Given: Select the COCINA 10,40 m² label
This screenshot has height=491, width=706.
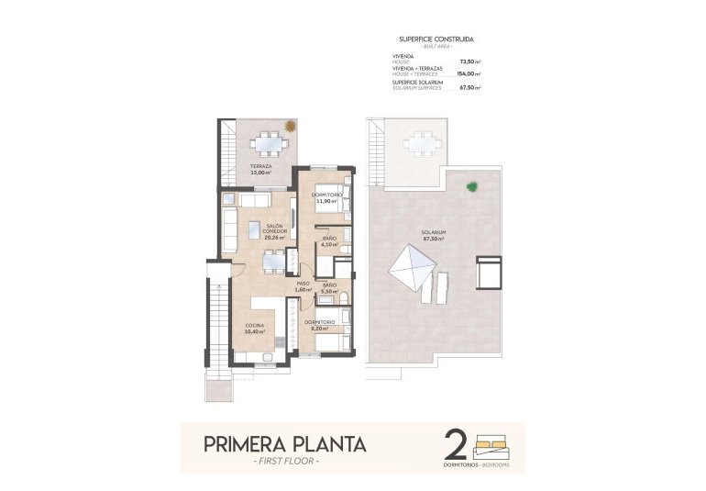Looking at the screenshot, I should point(256,329).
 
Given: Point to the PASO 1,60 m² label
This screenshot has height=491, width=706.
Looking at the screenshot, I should point(303,286).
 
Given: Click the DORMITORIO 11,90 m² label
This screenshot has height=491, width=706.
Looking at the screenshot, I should point(327,197).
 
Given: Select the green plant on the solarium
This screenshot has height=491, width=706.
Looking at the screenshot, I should point(472,186).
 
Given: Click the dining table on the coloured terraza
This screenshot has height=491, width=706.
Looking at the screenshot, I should point(268,143).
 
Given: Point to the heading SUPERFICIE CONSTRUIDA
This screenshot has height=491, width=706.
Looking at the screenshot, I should point(436,39).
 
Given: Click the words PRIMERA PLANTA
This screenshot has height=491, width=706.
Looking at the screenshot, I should point(285,444).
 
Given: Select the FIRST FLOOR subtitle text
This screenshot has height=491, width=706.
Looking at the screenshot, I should point(285,462).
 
